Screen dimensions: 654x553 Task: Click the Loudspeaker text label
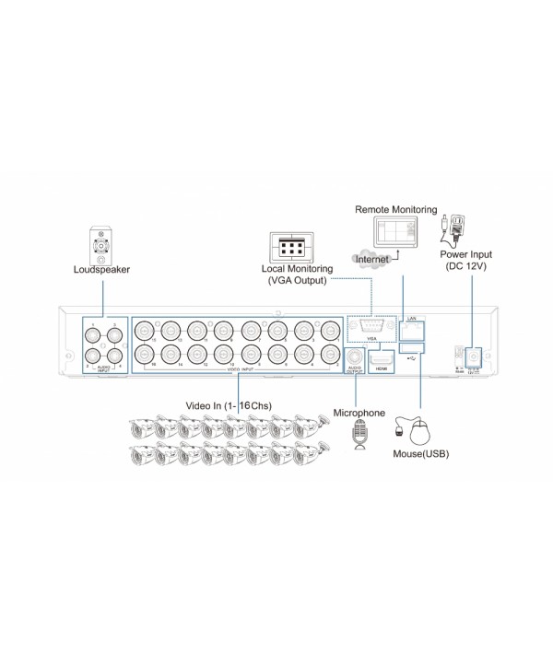[x=101, y=270]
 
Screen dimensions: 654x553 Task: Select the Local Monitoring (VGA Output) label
[x=294, y=274]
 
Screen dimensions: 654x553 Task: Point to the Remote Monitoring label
[x=396, y=210]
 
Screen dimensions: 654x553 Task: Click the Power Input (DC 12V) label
[x=466, y=260]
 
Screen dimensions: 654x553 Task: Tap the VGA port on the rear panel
[x=371, y=325]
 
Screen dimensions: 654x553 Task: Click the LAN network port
[x=412, y=327]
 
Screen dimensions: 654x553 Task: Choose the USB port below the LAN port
[x=412, y=346]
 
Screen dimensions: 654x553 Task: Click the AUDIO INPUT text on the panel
[x=102, y=368]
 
